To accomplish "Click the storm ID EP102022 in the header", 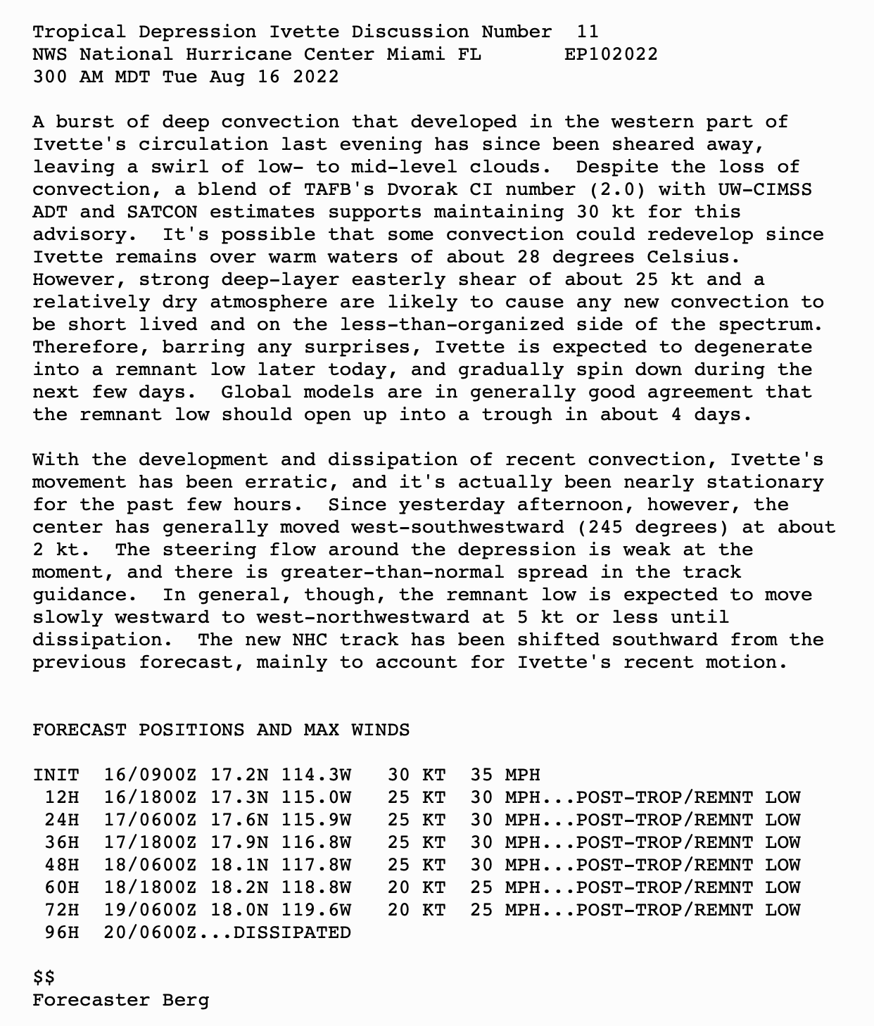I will coord(611,54).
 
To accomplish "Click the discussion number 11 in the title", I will coord(587,32).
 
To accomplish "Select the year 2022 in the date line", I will coord(315,77).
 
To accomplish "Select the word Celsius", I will coord(693,257).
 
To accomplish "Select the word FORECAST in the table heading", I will coord(80,730).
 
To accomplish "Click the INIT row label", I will coord(56,775).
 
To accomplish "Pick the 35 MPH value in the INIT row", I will coord(505,775).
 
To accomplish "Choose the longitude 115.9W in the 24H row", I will coord(315,820).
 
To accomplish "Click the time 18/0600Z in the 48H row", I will coord(150,865).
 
